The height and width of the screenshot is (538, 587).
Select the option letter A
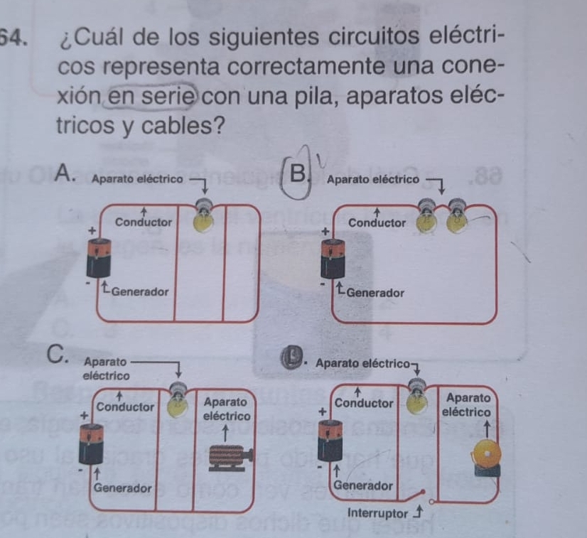(65, 173)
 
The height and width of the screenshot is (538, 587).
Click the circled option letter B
(300, 171)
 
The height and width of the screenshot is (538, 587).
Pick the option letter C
(55, 353)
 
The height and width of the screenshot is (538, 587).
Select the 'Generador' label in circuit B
(376, 292)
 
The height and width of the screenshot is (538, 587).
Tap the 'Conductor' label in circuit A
(144, 222)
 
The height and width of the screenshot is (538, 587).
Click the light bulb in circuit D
(418, 399)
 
